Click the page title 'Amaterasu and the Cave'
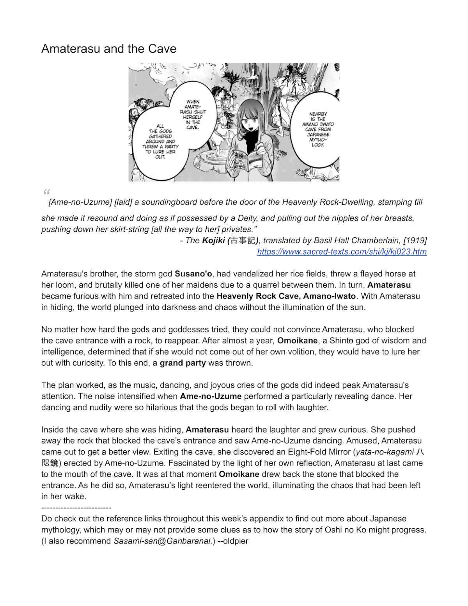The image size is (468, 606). click(109, 49)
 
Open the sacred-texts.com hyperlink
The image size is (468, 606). click(342, 252)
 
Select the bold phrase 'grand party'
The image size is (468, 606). click(183, 363)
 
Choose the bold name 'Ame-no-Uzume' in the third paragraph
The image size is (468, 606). click(211, 396)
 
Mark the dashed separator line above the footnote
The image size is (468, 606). click(76, 508)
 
